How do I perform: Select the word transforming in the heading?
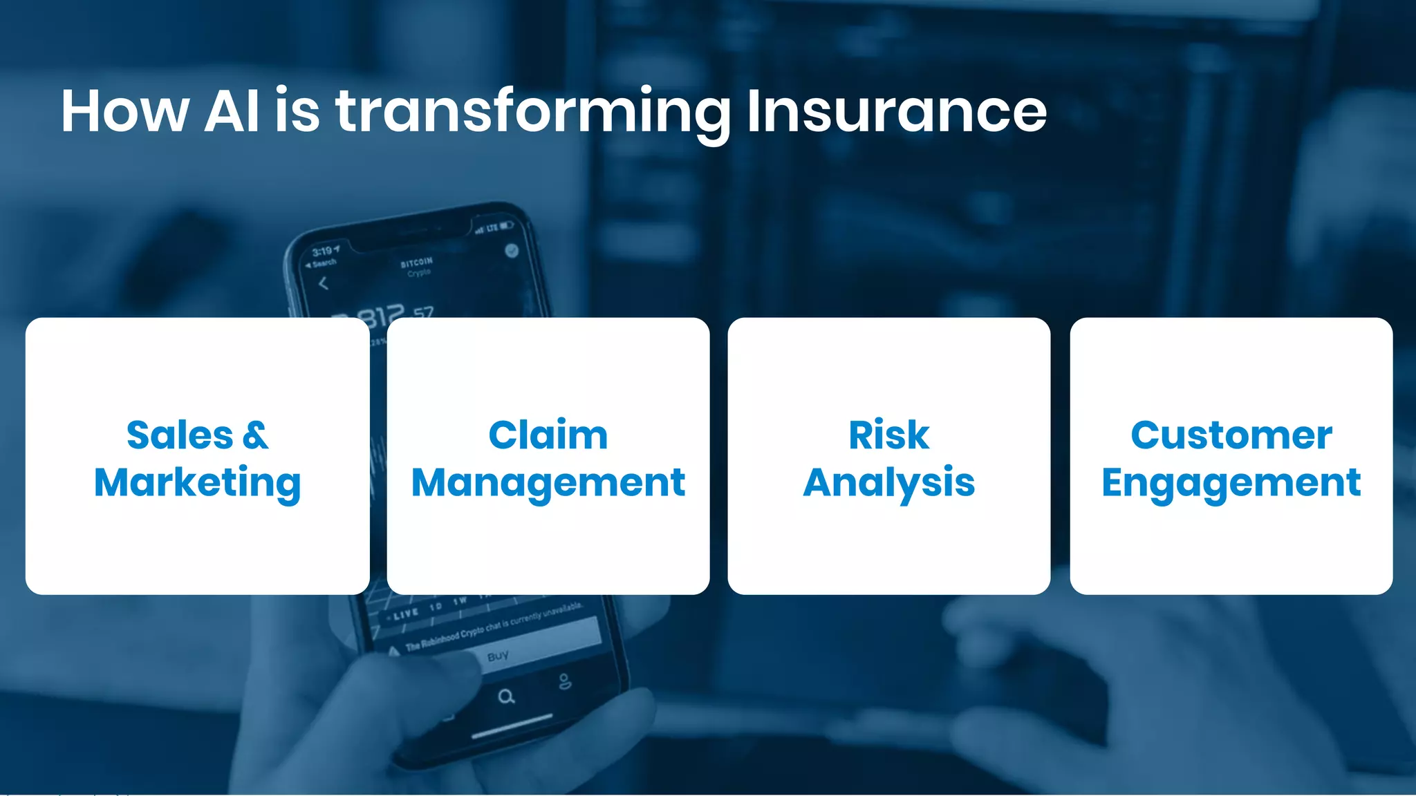[532, 112]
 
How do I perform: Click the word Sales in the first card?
[180, 435]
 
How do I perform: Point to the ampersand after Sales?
[255, 435]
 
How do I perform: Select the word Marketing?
[198, 482]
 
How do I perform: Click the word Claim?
[548, 435]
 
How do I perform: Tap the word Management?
[548, 482]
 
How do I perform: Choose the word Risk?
[888, 435]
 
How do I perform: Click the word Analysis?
[888, 482]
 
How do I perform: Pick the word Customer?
[1231, 435]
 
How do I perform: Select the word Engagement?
[1231, 482]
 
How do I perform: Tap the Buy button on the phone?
[498, 656]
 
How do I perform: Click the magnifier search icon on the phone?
[506, 696]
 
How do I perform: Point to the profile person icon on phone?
[565, 682]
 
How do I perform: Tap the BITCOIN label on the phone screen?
[416, 262]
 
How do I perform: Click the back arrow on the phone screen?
[323, 283]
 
